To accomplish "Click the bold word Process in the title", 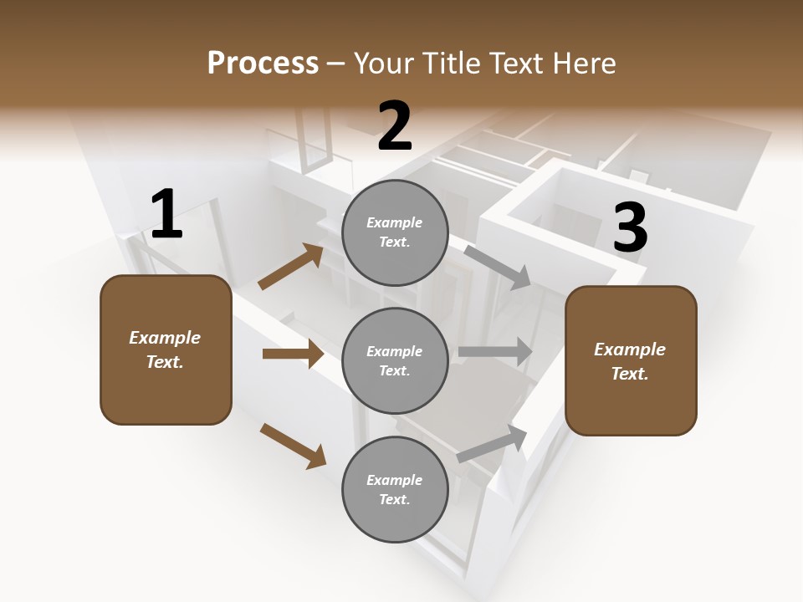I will (263, 64).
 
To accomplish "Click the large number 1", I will (166, 215).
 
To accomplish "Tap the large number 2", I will (395, 126).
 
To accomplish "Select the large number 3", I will (630, 227).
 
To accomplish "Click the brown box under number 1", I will (166, 349).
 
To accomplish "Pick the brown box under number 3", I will (631, 360).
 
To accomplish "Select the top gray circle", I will (395, 232).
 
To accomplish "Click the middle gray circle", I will (395, 360).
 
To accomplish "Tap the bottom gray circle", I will (395, 489).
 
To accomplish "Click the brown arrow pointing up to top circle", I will (291, 267).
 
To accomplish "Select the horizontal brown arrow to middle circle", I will (293, 354).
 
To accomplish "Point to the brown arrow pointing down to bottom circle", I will (293, 446).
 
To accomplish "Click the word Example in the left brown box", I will (165, 338).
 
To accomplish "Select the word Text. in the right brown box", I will (630, 374).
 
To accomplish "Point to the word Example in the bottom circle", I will (395, 480).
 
